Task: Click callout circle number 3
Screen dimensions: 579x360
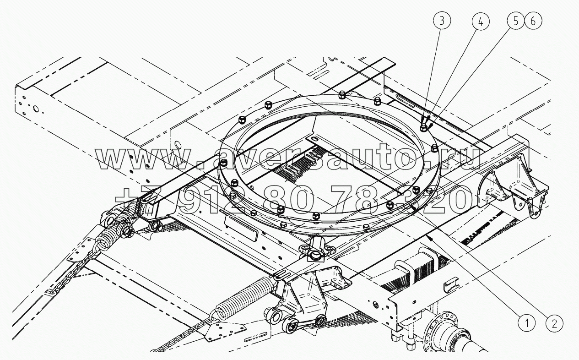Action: [442, 21]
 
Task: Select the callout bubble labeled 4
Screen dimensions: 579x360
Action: [481, 22]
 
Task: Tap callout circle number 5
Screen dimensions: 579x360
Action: [516, 21]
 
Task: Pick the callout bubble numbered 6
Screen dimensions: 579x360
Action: [533, 21]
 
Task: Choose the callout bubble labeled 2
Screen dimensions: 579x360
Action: [554, 323]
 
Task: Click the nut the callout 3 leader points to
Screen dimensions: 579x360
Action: [423, 127]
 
